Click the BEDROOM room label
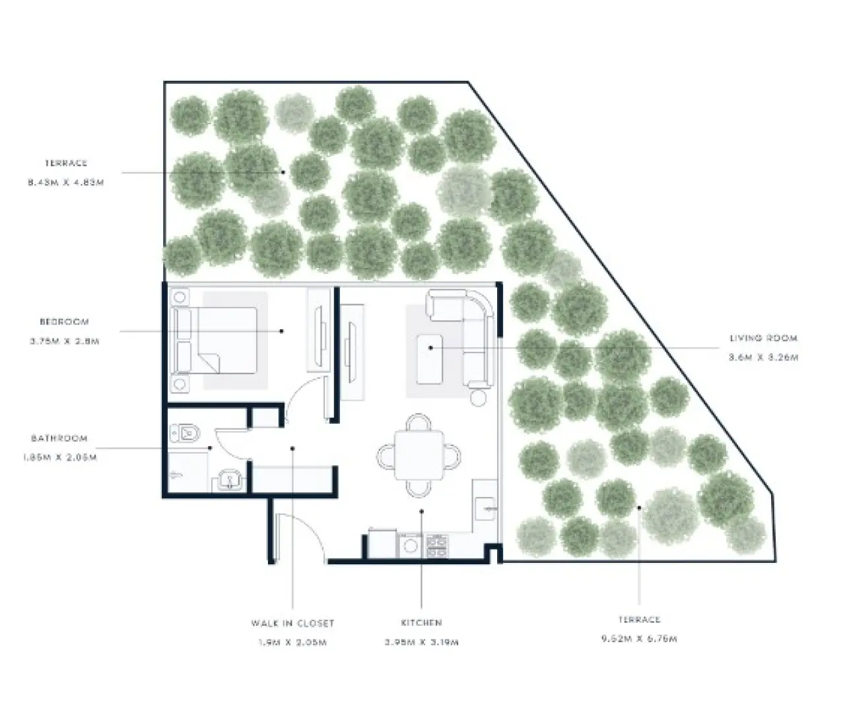point(64,322)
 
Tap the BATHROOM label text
point(59,438)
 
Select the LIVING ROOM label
point(763,338)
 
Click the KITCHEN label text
point(421,622)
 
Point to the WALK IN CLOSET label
point(292,623)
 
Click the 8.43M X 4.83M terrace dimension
point(65,182)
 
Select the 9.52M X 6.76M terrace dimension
point(639,639)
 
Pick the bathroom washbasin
point(230,479)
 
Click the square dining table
point(418,455)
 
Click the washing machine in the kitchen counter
point(411,545)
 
